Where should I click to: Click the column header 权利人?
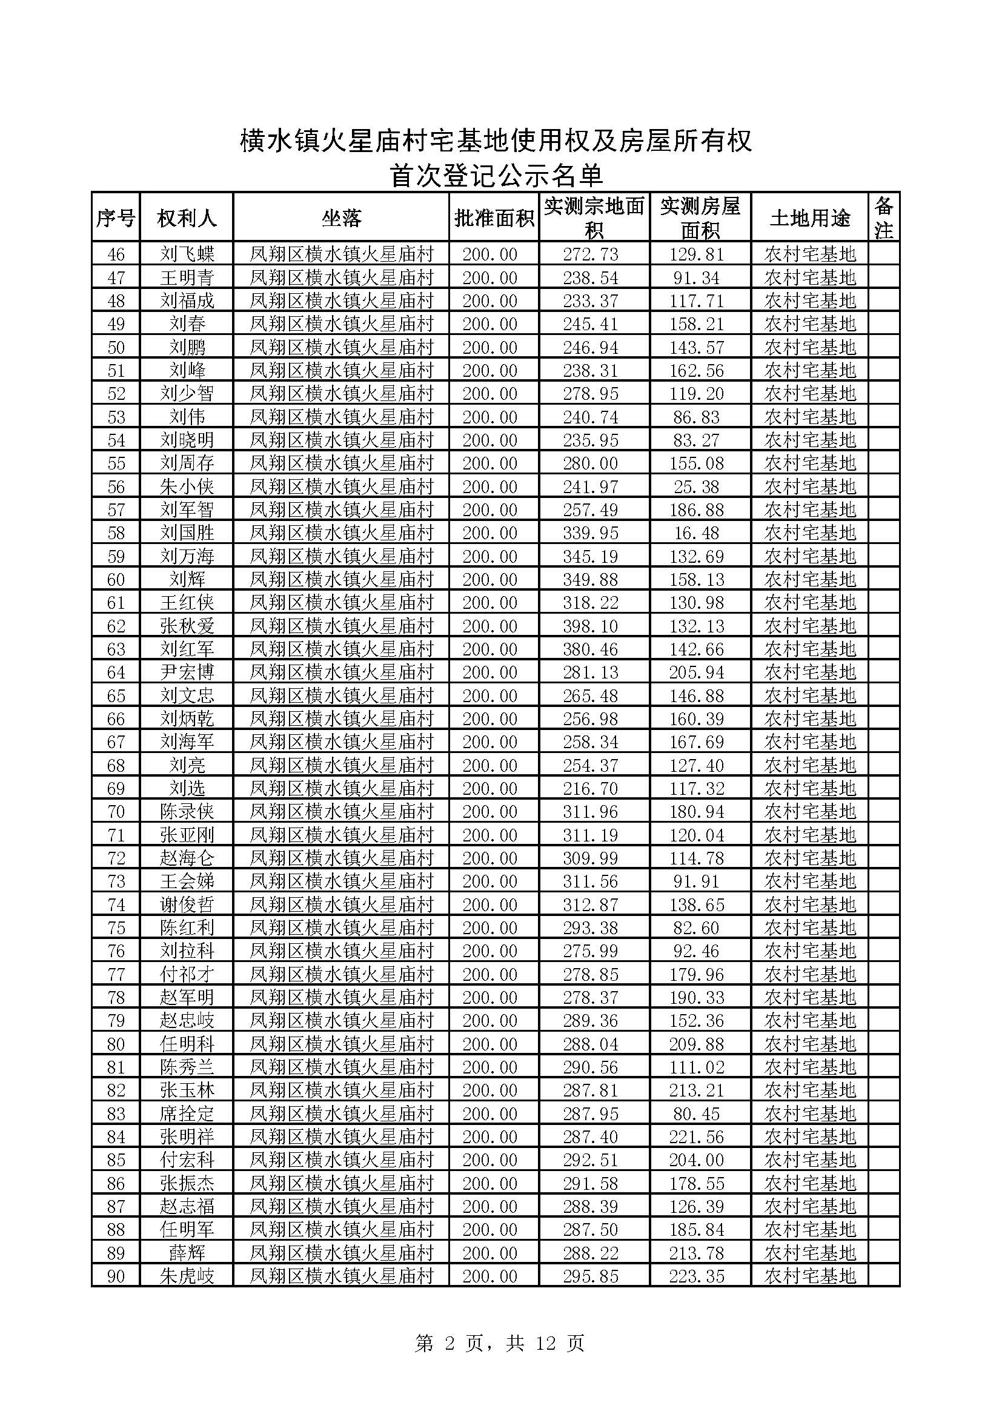coord(187,217)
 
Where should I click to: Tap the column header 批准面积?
coord(494,217)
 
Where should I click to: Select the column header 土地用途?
coord(809,217)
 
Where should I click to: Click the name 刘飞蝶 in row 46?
coord(187,254)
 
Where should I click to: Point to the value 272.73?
coord(590,254)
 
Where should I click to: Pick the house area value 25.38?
coord(696,487)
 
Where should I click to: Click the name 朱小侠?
coord(187,487)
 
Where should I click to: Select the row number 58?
coord(116,533)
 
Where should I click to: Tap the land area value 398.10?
coord(590,626)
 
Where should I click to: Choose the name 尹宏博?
coord(187,672)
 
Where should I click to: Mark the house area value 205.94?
coord(696,672)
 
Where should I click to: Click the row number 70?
coord(116,812)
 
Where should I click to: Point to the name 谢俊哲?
coord(187,904)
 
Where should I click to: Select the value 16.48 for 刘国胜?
coord(696,533)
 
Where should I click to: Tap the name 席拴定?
coord(187,1114)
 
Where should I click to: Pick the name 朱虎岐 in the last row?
coord(187,1276)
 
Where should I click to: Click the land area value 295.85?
coord(590,1276)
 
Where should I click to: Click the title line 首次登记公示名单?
coord(496,176)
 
